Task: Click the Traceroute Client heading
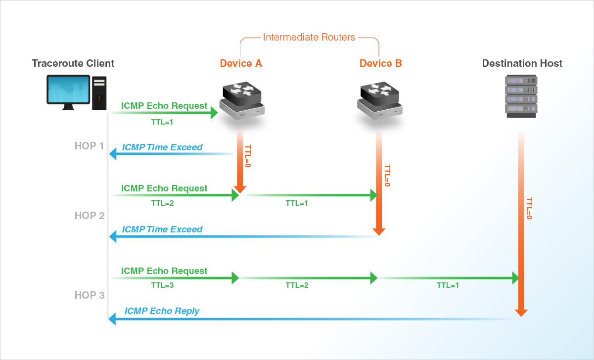tap(73, 63)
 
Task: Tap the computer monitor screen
tap(68, 89)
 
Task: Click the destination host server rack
tap(521, 96)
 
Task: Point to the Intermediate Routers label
tap(309, 37)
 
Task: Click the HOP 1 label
tap(90, 146)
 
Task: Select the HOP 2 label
tap(90, 216)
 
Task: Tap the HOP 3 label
tap(90, 295)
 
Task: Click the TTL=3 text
tap(162, 285)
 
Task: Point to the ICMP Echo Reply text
tap(162, 311)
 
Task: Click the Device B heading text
tap(380, 63)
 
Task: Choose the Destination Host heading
tap(522, 63)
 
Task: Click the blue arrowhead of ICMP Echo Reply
tap(112, 320)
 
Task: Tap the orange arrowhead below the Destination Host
tap(521, 313)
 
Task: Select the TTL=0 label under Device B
tap(387, 176)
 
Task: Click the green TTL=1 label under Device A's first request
tap(162, 121)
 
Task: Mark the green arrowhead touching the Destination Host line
tap(514, 278)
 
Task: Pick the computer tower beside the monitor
tap(99, 93)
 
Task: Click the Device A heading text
tap(241, 63)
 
